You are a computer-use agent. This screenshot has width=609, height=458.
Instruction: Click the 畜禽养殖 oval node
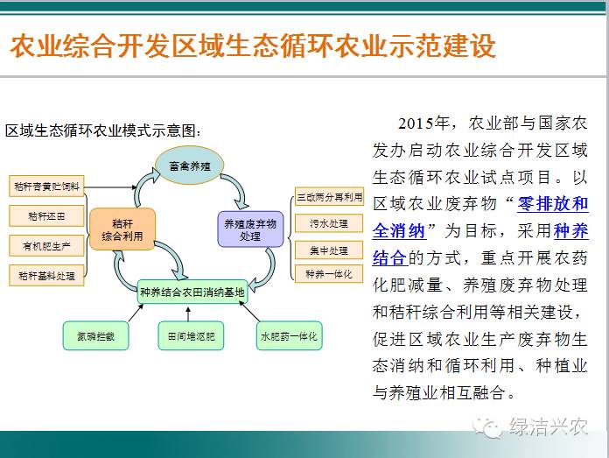pyautogui.click(x=190, y=166)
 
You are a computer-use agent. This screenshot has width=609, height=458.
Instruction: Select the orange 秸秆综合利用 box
pyautogui.click(x=122, y=229)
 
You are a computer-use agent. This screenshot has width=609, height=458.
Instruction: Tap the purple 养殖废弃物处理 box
pyautogui.click(x=250, y=229)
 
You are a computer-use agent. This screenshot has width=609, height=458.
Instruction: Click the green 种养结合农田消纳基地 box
pyautogui.click(x=192, y=292)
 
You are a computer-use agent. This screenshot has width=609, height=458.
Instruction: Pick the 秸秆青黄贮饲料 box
pyautogui.click(x=46, y=187)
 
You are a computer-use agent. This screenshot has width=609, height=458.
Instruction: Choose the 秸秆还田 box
pyautogui.click(x=46, y=215)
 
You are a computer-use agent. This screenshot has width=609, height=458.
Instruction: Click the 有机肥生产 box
pyautogui.click(x=46, y=246)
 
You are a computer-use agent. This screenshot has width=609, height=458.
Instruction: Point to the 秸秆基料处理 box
pyautogui.click(x=46, y=276)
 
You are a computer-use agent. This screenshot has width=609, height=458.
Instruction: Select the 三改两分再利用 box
pyautogui.click(x=329, y=197)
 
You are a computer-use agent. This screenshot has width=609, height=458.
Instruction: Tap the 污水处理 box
pyautogui.click(x=329, y=223)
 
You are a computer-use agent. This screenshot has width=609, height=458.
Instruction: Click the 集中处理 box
pyautogui.click(x=329, y=250)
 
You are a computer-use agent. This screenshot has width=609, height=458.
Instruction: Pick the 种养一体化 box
pyautogui.click(x=329, y=274)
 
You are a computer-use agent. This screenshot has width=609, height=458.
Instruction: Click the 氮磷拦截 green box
pyautogui.click(x=95, y=336)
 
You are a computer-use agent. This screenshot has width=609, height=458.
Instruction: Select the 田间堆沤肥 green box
pyautogui.click(x=191, y=336)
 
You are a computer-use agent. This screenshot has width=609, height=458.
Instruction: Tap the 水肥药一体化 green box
pyautogui.click(x=290, y=336)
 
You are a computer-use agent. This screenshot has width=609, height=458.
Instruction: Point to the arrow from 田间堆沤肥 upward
pyautogui.click(x=188, y=314)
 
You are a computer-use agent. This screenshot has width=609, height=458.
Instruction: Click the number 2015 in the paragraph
pyautogui.click(x=416, y=123)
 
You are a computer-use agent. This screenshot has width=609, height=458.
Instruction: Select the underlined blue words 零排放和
pyautogui.click(x=553, y=204)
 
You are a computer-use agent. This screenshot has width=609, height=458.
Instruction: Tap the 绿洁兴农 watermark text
pyautogui.click(x=548, y=426)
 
